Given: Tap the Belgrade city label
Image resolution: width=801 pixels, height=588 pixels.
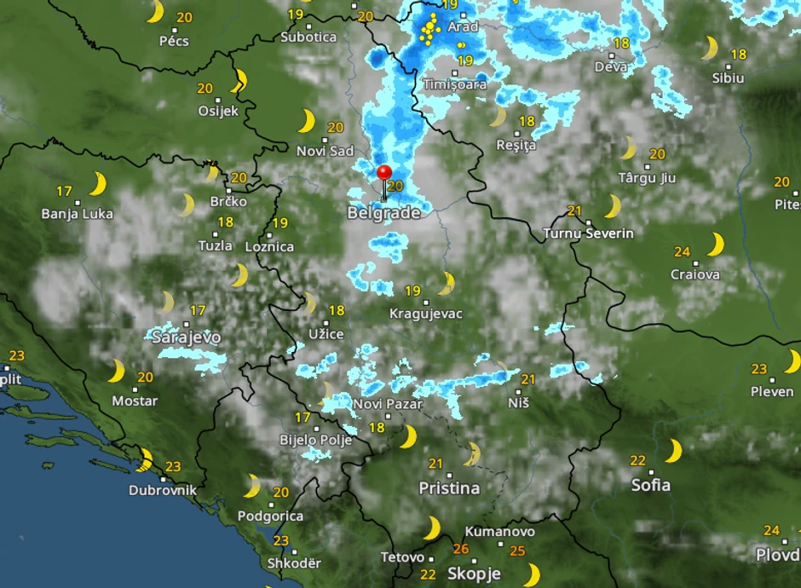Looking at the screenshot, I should coord(383,213).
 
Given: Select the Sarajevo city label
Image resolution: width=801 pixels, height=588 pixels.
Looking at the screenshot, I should coord(186,337).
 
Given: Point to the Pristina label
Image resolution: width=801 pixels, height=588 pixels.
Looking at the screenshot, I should coord(449,488).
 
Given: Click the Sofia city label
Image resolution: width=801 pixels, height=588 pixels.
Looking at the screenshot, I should coord(650,485).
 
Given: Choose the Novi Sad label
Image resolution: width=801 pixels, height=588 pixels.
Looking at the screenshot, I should coord(325,151).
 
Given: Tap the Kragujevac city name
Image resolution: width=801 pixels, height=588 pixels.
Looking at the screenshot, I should coord(425,314).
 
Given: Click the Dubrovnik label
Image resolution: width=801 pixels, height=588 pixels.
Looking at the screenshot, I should coord(163,490).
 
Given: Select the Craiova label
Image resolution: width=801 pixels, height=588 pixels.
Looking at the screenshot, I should coord(694,274).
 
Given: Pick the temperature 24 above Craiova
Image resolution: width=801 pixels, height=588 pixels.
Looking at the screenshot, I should coord(682,251).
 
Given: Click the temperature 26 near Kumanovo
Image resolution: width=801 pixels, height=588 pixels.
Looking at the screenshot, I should coord(461,549).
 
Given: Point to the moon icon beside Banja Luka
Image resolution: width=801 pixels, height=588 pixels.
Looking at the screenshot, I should coord(98,183).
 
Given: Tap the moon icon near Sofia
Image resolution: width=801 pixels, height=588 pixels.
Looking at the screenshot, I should coord(674,451).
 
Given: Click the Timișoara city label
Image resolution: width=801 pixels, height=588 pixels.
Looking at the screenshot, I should coord(455,84).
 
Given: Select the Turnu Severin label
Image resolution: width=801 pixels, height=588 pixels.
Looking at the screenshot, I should coord(588,233).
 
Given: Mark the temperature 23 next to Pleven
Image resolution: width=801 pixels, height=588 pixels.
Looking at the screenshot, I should coord(759,369).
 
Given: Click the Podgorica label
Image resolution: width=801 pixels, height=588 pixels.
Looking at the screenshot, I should coord(270,516).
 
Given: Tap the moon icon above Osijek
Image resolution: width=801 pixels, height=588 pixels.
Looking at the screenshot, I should coord(239,81).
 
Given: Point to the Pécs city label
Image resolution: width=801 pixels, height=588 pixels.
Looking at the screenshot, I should coord(174,40).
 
